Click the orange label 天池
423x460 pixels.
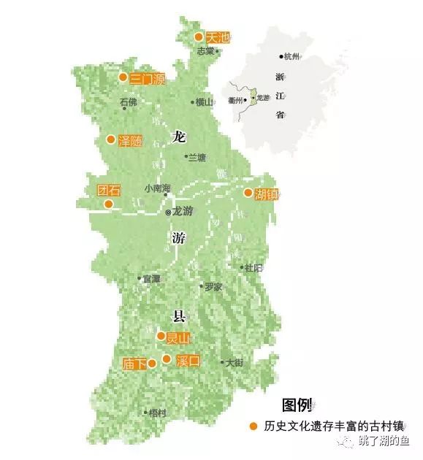[x=218, y=37]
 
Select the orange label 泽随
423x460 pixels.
[x=130, y=140]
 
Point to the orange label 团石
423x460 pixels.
[x=108, y=190]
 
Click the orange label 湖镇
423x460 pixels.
[x=267, y=194]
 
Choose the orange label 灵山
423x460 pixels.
[x=178, y=337]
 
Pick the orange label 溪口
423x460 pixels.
[x=188, y=360]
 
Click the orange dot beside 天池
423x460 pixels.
[x=198, y=37]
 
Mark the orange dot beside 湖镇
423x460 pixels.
[x=248, y=193]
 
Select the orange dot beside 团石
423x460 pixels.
[x=108, y=204]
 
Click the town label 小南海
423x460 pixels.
[x=157, y=188]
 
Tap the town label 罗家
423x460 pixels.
[x=213, y=287]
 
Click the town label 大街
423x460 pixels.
[x=234, y=362]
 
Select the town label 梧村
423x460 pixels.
[x=157, y=413]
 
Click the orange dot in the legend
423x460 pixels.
[x=253, y=426]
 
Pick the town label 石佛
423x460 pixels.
[x=128, y=102]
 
